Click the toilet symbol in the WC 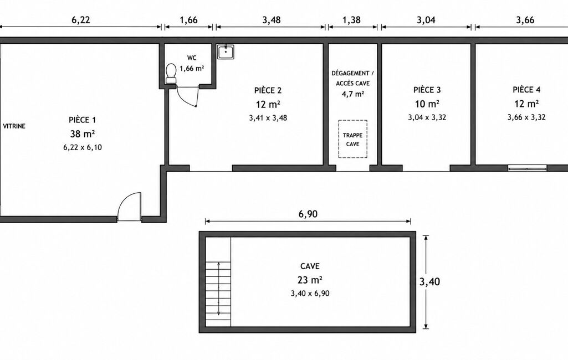click(171, 74)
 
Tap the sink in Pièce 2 click(226, 52)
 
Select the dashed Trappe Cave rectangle click(353, 139)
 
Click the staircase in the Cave click(218, 294)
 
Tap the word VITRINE click(14, 126)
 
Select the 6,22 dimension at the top click(80, 20)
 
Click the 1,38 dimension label click(352, 20)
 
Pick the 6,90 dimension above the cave click(308, 214)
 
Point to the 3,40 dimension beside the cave click(429, 281)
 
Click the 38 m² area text click(82, 134)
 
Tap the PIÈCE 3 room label click(427, 90)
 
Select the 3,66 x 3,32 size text click(526, 117)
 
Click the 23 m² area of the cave click(310, 280)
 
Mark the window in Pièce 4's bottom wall click(527, 168)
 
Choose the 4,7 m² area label click(353, 94)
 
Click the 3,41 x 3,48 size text click(268, 118)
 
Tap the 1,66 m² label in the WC click(192, 68)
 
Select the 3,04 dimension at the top click(426, 20)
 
